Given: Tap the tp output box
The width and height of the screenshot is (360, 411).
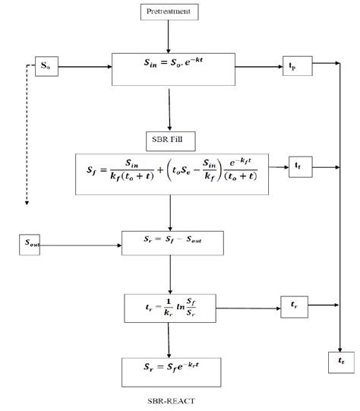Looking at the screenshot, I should pyautogui.click(x=295, y=65).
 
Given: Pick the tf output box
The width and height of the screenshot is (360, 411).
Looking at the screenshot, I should pyautogui.click(x=298, y=164).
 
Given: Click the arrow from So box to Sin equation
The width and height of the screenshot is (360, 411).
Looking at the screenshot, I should pyautogui.click(x=84, y=67).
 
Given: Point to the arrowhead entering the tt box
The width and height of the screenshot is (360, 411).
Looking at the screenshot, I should pyautogui.click(x=342, y=346).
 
